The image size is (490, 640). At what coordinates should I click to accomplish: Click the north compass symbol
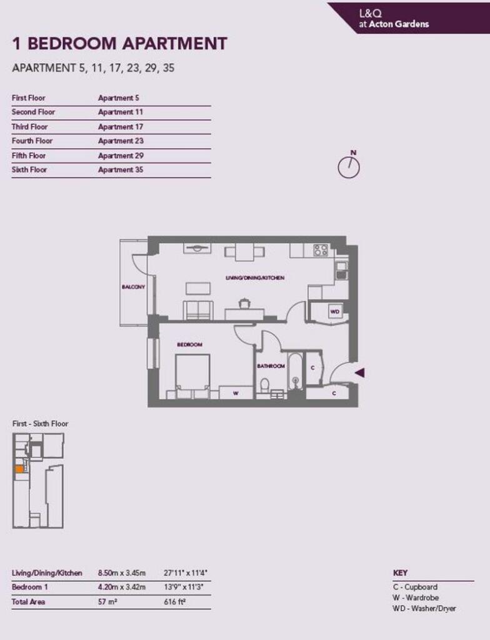pos(349,167)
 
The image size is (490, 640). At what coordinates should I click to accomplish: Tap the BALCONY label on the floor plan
pos(133,287)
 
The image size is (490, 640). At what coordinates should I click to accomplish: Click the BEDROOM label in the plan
pos(189,344)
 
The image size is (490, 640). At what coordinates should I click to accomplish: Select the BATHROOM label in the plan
pos(271,366)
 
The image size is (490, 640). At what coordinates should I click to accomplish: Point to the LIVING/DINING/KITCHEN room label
pos(255,277)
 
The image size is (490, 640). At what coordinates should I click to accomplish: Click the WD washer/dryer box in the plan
pos(335,312)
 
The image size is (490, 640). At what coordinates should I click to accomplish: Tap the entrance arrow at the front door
pos(359,372)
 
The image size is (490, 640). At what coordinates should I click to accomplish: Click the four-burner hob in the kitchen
pos(321,250)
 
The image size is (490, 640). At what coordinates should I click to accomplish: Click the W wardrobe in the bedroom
pos(236,393)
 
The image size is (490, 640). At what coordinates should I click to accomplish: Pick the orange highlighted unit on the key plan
pos(19,469)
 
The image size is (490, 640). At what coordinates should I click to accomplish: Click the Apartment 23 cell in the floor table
pos(121,141)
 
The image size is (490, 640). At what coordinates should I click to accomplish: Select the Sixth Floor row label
pos(29,170)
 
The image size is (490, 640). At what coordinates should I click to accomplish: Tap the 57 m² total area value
pos(107,602)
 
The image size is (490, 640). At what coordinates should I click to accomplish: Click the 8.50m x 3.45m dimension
pos(122,573)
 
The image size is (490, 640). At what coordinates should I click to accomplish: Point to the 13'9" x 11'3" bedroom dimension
pos(184,587)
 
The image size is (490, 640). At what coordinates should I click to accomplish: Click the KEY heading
pos(400,572)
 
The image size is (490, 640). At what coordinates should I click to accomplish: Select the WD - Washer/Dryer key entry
pos(424,609)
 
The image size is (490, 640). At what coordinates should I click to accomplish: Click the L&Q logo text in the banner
pos(371,14)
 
